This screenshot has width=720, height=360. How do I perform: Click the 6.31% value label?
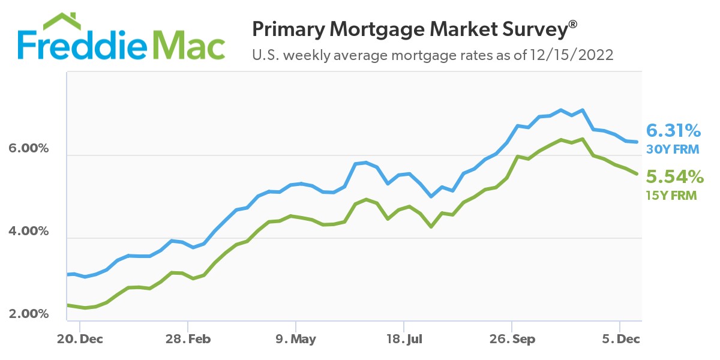pyautogui.click(x=673, y=130)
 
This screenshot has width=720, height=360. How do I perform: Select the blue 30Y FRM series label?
pyautogui.click(x=671, y=148)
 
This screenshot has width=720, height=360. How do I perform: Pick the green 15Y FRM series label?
pyautogui.click(x=671, y=194)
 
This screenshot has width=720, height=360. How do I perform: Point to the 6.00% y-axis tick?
pyautogui.click(x=28, y=148)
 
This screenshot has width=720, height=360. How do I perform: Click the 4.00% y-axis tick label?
pyautogui.click(x=28, y=231)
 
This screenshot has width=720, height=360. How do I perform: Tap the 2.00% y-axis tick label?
pyautogui.click(x=28, y=314)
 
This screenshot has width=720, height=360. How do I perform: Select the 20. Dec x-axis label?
pyautogui.click(x=80, y=339)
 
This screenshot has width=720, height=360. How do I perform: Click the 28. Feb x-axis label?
pyautogui.click(x=188, y=339)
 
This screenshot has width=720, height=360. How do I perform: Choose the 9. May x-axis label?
pyautogui.click(x=296, y=339)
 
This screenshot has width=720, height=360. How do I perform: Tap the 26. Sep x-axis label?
pyautogui.click(x=511, y=339)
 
